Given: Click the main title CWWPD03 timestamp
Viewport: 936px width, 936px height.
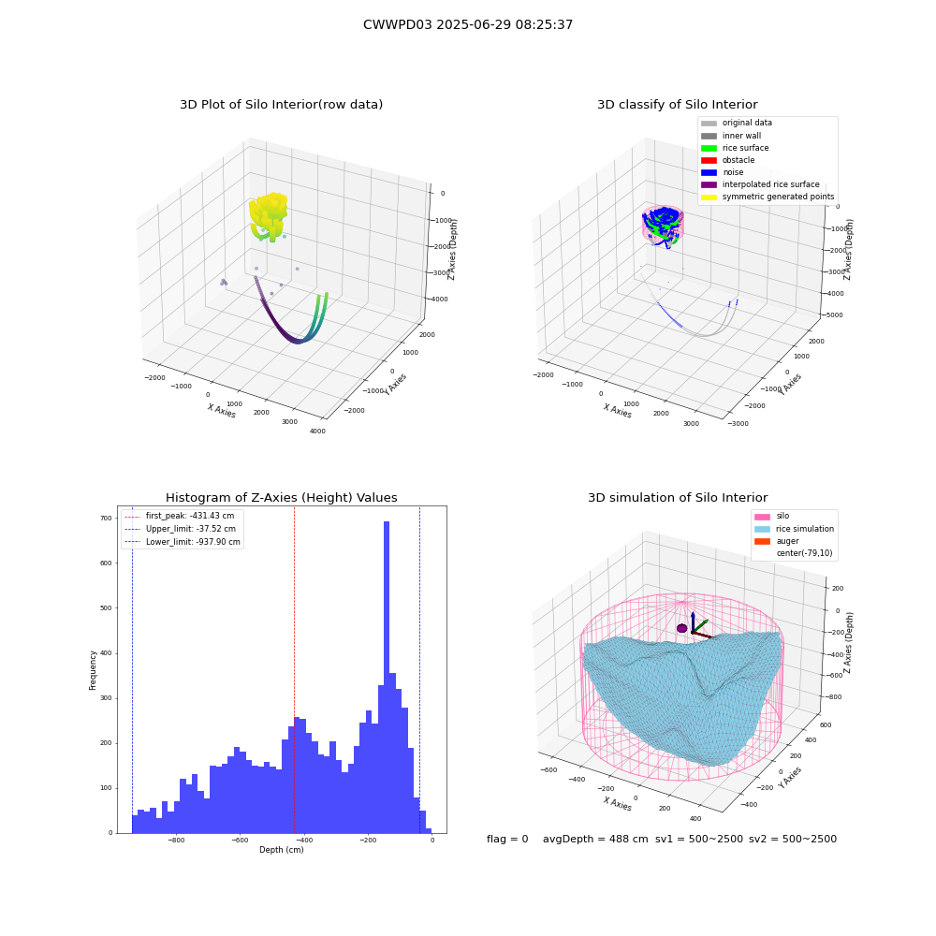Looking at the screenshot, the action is pyautogui.click(x=468, y=24).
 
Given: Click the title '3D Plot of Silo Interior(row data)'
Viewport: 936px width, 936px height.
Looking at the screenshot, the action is pyautogui.click(x=281, y=105).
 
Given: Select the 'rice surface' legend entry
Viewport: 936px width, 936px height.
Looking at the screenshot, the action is pyautogui.click(x=735, y=148).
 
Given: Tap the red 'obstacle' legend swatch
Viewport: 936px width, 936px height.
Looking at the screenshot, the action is pyautogui.click(x=709, y=160).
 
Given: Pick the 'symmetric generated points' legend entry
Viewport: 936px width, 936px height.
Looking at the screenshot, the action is pyautogui.click(x=768, y=197).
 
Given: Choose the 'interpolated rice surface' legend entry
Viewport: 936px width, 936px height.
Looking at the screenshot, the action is pyautogui.click(x=760, y=184).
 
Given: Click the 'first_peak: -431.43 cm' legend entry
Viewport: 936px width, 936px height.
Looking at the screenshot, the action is pyautogui.click(x=179, y=516).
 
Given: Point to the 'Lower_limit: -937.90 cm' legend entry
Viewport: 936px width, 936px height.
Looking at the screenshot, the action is pyautogui.click(x=183, y=542).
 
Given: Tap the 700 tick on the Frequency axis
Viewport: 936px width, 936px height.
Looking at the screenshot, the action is pyautogui.click(x=107, y=519).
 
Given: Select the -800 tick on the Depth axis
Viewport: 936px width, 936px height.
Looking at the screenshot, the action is pyautogui.click(x=176, y=841).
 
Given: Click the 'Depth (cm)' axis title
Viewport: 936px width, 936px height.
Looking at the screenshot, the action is pyautogui.click(x=282, y=850).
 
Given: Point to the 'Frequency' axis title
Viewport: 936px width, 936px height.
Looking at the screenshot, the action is pyautogui.click(x=93, y=670).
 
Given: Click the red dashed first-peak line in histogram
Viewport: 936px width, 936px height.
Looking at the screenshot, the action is pyautogui.click(x=294, y=669).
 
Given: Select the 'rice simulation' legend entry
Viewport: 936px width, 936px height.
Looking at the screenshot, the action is pyautogui.click(x=794, y=529).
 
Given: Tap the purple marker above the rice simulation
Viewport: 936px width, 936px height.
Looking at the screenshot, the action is pyautogui.click(x=681, y=628).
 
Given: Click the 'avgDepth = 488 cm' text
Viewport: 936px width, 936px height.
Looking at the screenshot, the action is pyautogui.click(x=595, y=839).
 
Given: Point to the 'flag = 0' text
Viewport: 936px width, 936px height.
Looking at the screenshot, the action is pyautogui.click(x=507, y=839).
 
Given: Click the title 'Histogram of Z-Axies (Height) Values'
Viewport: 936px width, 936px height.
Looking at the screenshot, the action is pyautogui.click(x=281, y=498).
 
